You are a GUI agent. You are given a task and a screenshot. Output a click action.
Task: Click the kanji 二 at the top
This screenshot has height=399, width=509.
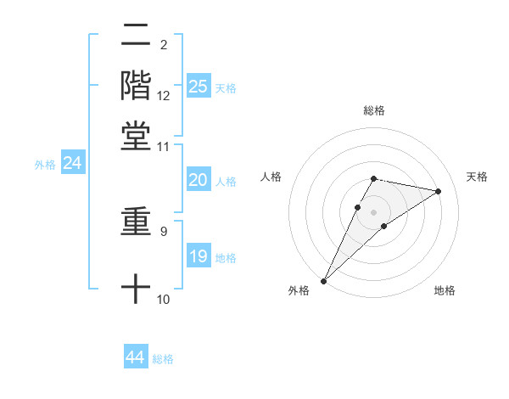(136, 36)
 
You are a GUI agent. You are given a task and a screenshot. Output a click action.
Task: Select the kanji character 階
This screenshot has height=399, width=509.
(136, 85)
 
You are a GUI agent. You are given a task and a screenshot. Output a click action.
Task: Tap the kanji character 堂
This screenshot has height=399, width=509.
(136, 136)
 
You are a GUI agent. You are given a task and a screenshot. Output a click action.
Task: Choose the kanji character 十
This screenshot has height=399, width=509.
(136, 289)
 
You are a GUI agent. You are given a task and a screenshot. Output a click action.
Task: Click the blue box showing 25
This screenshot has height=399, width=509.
(199, 87)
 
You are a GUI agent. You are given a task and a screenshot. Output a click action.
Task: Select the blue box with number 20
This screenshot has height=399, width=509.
(199, 180)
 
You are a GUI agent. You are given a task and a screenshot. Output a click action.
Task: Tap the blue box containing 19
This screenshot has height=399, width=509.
(199, 257)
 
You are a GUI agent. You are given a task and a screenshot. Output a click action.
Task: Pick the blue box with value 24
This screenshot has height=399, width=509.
(72, 164)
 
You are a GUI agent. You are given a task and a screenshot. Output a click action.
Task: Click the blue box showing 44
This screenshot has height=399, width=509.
(136, 357)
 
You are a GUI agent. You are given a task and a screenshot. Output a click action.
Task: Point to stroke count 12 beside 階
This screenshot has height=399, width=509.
(164, 97)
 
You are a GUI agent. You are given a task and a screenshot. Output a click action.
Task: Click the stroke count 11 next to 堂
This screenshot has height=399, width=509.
(164, 147)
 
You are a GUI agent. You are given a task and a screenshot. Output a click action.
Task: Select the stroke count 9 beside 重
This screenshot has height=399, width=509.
(164, 230)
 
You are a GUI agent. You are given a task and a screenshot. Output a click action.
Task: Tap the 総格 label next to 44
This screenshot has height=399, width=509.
(163, 359)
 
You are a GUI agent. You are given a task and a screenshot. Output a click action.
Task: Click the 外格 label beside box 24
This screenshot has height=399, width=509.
(44, 165)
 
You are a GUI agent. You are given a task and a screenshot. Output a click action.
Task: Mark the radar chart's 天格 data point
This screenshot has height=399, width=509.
(439, 191)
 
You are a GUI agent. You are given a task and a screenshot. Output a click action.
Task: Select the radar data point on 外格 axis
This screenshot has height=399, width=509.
(323, 280)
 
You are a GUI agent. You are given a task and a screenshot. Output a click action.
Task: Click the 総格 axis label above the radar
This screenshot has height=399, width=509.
(373, 110)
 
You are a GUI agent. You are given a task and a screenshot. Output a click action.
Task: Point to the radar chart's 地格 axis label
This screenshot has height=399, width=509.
(445, 291)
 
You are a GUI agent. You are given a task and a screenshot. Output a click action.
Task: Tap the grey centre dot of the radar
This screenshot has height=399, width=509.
(373, 211)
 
